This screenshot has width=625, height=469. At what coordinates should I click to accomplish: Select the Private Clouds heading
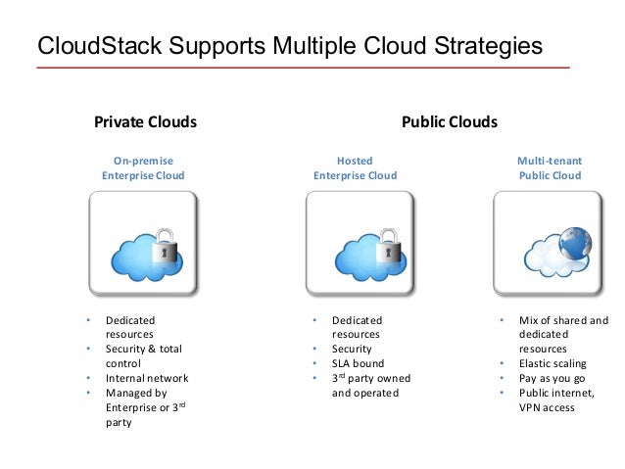(x=145, y=122)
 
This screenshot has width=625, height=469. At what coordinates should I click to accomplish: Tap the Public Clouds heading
(x=450, y=122)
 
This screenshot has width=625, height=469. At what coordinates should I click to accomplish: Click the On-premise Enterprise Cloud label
(x=143, y=167)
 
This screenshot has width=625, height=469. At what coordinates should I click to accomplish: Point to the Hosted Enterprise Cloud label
(x=355, y=167)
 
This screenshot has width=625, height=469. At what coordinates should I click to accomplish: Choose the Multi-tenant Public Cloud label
(x=550, y=167)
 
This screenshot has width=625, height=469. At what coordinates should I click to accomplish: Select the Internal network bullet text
(x=147, y=378)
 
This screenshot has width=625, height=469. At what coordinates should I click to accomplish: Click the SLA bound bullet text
(x=359, y=363)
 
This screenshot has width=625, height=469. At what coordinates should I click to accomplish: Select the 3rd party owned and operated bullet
(x=370, y=385)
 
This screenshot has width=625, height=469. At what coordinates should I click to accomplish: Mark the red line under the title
(x=303, y=68)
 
